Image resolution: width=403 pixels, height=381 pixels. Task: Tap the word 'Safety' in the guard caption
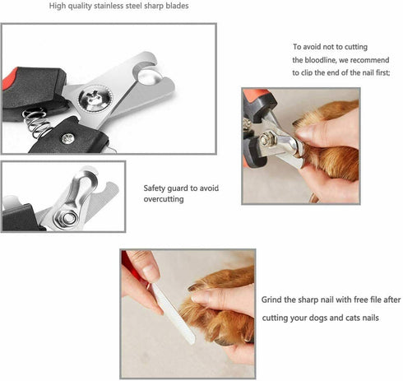156,188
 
